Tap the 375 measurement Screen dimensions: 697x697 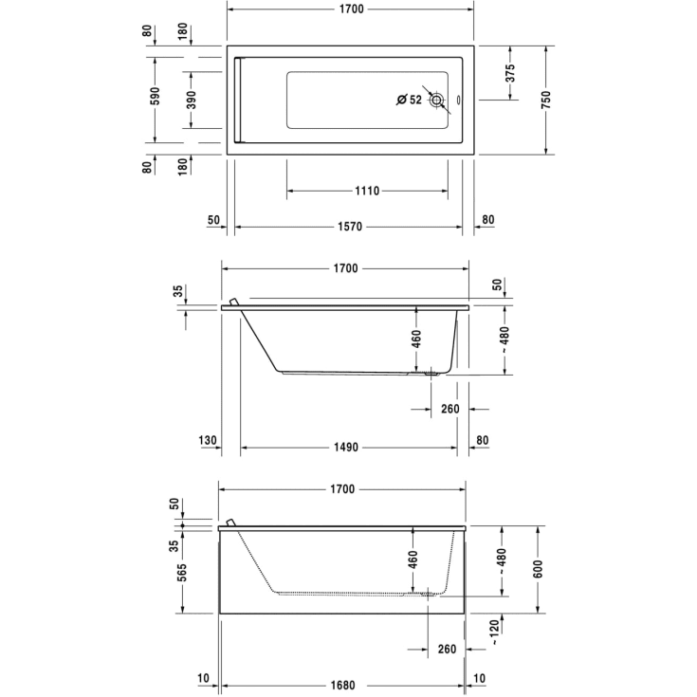[509, 73]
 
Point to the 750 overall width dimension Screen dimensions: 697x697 [546, 99]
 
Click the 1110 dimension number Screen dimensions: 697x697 [368, 191]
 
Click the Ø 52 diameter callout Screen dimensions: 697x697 [409, 100]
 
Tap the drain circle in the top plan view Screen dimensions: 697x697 [437, 100]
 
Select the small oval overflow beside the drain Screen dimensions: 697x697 [459, 100]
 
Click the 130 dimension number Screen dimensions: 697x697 [209, 441]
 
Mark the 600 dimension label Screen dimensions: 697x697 [539, 569]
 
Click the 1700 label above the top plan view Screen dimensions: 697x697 [351, 9]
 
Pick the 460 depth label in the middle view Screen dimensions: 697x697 [415, 339]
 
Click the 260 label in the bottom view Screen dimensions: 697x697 [449, 650]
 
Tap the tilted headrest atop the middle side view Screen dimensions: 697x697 [231, 300]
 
